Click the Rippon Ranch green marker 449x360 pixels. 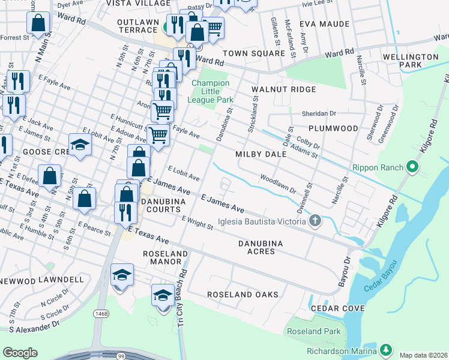pos(412,166)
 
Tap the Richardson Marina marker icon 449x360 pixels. pos(385,349)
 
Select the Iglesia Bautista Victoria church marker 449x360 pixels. pos(314,222)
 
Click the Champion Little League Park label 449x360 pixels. pos(210,91)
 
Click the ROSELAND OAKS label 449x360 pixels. pos(243,295)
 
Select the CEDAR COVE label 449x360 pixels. pos(337,308)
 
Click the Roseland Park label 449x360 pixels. pos(314,331)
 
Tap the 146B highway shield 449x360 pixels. pos(101,313)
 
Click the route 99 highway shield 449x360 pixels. pos(122,356)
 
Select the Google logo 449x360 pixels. pos(20,353)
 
